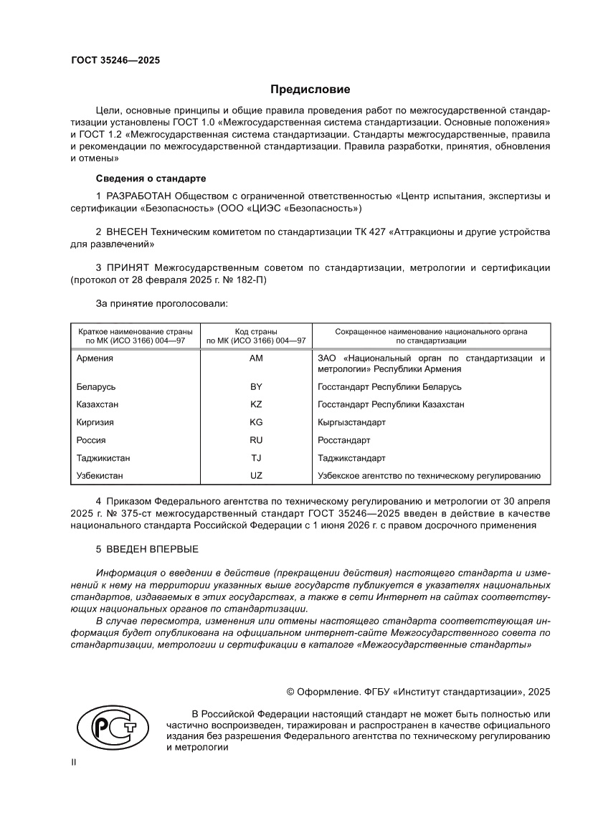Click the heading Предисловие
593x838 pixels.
(310, 90)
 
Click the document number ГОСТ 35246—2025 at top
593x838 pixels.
(115, 60)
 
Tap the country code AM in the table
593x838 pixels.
(256, 358)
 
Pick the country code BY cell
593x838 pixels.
(256, 387)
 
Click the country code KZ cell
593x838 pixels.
(256, 404)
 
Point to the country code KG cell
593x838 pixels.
(256, 422)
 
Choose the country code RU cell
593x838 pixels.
(256, 440)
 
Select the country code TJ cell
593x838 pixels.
(256, 458)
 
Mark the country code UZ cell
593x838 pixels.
(256, 475)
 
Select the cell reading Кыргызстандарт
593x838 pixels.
(351, 422)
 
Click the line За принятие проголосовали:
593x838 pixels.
(161, 304)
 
